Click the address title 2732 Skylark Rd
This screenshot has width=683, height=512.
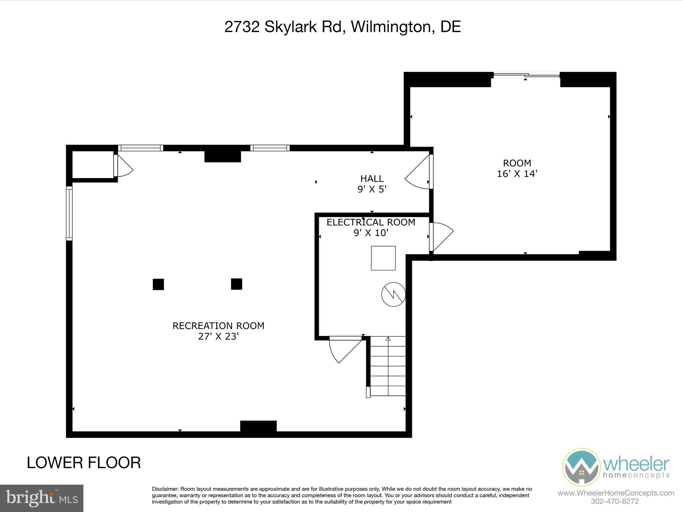[x=343, y=27]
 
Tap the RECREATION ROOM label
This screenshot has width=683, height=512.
[x=218, y=326]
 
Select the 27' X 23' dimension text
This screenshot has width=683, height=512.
[x=218, y=337]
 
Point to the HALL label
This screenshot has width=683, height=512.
[x=372, y=179]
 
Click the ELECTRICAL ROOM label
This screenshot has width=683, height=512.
[x=371, y=222]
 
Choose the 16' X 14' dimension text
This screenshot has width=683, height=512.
[x=517, y=174]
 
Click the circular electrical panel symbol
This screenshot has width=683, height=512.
[x=394, y=294]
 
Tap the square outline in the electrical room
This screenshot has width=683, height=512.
[x=383, y=258]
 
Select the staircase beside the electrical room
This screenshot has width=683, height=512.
[x=388, y=366]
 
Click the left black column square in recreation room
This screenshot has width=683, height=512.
[x=158, y=284]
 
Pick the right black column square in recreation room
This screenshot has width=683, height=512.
[x=236, y=284]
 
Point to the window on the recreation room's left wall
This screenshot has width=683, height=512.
[x=69, y=213]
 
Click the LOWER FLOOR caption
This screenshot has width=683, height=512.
[x=84, y=463]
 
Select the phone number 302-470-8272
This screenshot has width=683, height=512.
[x=615, y=501]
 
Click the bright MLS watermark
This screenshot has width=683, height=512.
[x=42, y=498]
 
